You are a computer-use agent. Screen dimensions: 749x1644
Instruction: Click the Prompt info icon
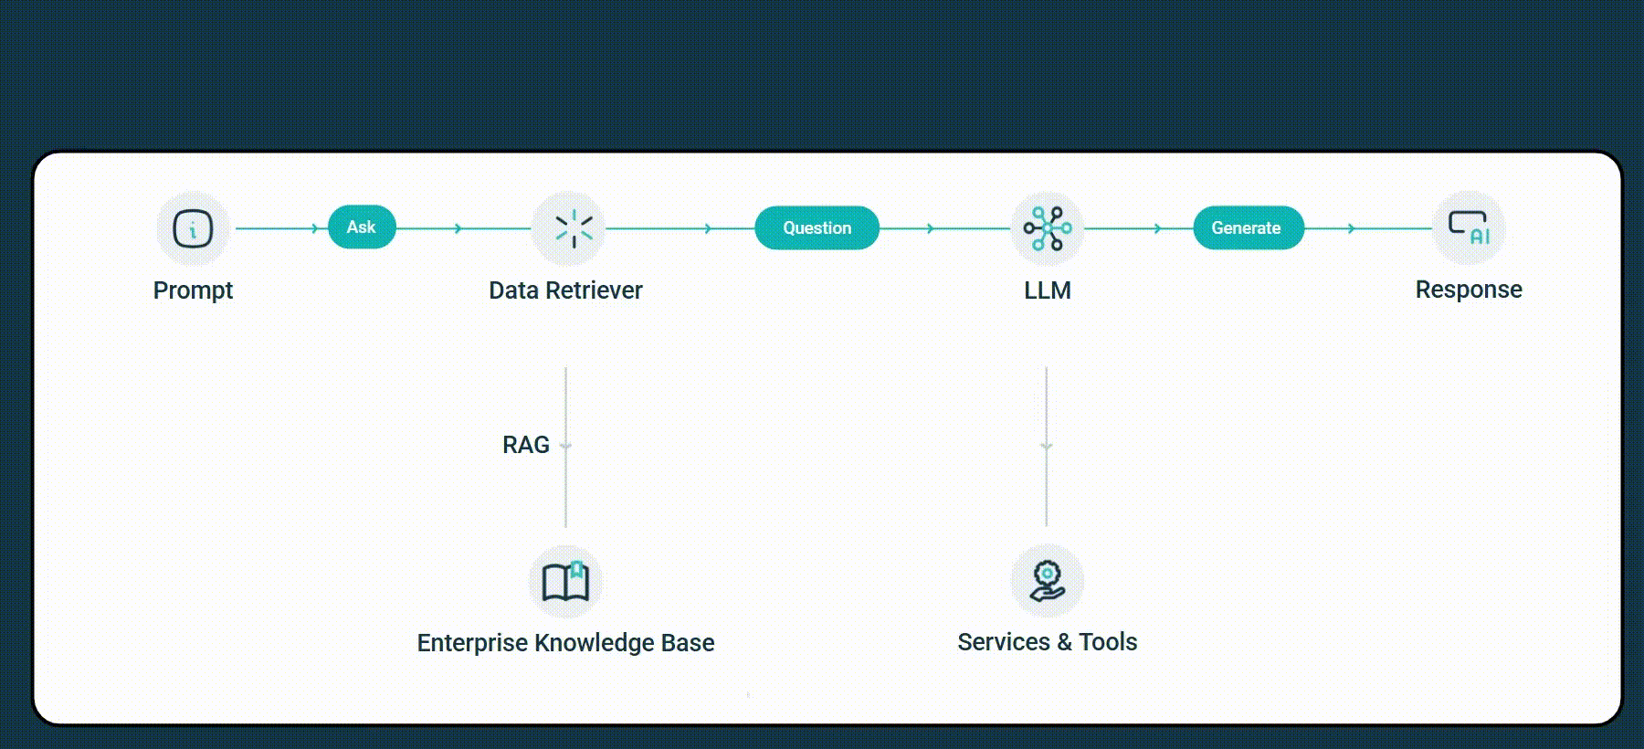(193, 228)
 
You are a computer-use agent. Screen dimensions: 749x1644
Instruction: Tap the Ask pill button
(362, 227)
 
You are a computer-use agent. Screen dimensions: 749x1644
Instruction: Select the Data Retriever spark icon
(574, 228)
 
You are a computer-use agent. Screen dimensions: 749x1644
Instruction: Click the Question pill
(817, 228)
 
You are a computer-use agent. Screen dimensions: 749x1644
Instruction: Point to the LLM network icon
(1047, 228)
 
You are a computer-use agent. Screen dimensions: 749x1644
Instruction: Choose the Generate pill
(1248, 228)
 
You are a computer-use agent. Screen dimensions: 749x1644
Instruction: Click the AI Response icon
(1469, 228)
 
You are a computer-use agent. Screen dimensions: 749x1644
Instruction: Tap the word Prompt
(193, 290)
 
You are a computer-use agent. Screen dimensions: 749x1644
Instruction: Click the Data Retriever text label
(565, 290)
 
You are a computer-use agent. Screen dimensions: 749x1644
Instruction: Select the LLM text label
(1047, 290)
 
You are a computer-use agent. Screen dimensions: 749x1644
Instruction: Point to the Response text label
(1468, 290)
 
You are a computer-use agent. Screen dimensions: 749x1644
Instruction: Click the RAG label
(526, 445)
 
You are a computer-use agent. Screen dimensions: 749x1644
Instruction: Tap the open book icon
(565, 582)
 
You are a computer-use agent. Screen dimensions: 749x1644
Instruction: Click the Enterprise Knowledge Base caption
(565, 643)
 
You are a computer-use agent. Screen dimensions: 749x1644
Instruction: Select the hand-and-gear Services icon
(1047, 581)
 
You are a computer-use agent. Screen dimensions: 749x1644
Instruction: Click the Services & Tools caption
(1047, 642)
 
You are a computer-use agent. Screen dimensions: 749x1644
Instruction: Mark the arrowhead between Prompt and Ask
(315, 228)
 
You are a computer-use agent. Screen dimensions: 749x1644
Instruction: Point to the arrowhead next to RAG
(565, 447)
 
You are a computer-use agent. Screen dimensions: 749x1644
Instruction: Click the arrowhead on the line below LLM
(1047, 447)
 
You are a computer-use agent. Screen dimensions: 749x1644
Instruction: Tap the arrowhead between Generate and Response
(1352, 228)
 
